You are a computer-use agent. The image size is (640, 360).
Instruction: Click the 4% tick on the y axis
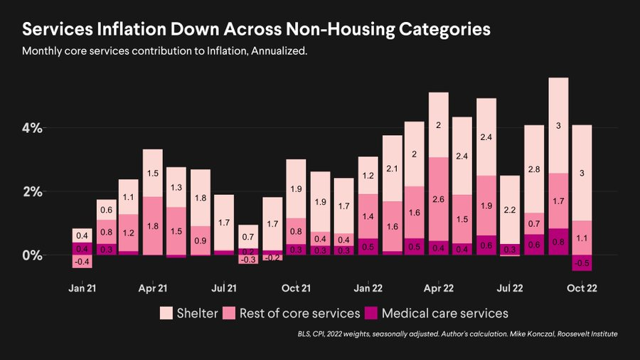[x=32, y=128]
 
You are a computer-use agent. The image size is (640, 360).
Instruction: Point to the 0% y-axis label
[x=32, y=255]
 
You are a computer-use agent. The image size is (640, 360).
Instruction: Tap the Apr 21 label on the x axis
[x=152, y=288]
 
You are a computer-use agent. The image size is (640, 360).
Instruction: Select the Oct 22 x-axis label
[x=581, y=288]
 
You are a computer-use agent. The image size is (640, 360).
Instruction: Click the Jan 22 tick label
[x=368, y=288]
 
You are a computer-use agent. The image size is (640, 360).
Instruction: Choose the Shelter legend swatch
[x=166, y=313]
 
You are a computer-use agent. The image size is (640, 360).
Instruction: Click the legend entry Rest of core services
[x=299, y=313]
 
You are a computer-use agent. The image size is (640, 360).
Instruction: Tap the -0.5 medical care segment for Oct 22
[x=581, y=263]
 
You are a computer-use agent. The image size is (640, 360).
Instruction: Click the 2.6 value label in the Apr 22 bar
[x=439, y=199]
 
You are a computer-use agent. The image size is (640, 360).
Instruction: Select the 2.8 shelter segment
[x=534, y=169]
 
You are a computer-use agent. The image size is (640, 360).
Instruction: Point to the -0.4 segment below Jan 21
[x=82, y=262]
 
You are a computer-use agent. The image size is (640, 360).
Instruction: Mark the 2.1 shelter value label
[x=392, y=168]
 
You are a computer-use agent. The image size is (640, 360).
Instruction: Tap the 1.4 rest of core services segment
[x=368, y=216]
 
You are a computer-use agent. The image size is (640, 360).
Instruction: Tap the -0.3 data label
[x=247, y=260]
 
